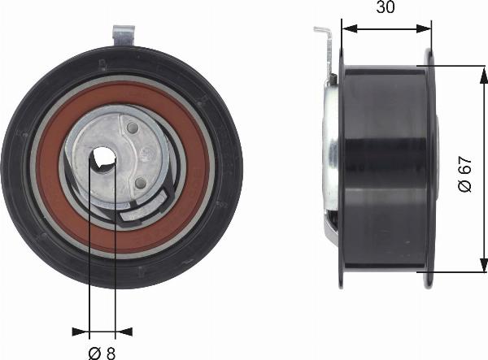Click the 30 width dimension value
[386, 8]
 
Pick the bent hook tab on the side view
[323, 35]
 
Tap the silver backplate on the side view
[331, 154]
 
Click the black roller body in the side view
[382, 163]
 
